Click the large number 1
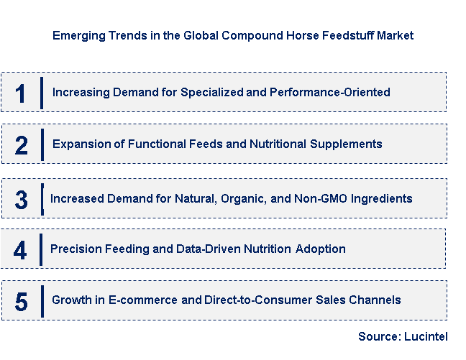pos(21,93)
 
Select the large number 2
pos(22,145)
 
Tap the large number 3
pos(22,200)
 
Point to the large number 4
pos(20,250)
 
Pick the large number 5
pos(22,302)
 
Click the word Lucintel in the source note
pos(426,336)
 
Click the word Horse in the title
pos(303,35)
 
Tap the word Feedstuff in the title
pos(348,35)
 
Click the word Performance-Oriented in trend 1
pos(330,92)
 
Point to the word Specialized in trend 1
pos(212,93)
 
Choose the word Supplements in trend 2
pos(346,144)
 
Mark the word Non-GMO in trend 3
pos(321,198)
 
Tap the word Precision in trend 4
pos(76,249)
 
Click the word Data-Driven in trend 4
pos(209,249)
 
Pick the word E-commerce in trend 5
pos(143,300)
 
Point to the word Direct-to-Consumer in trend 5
pos(258,300)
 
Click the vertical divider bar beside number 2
pos(42,145)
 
